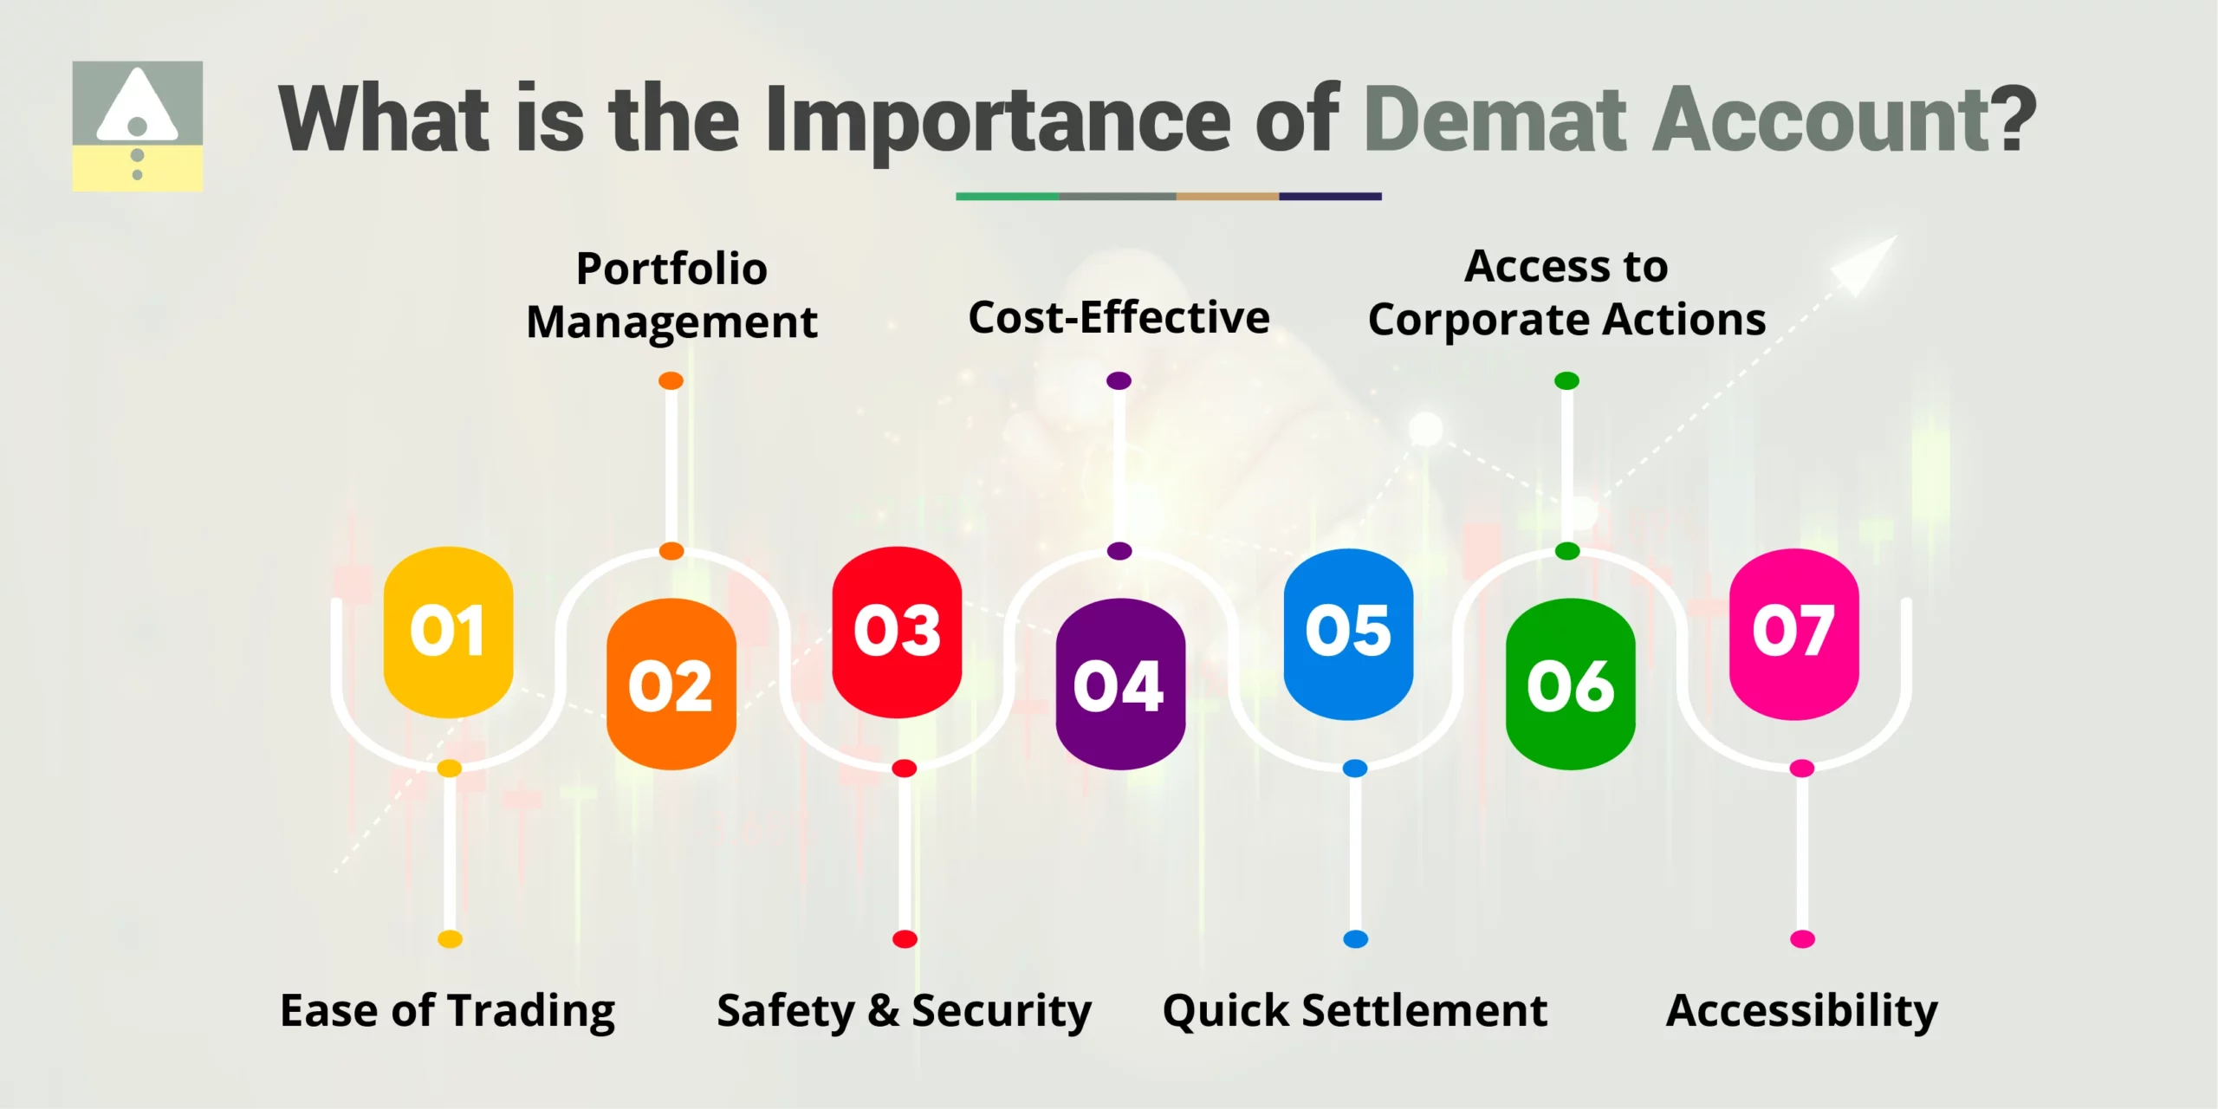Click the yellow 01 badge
pyautogui.click(x=448, y=632)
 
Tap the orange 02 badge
pyautogui.click(x=671, y=684)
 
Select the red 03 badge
pyautogui.click(x=897, y=632)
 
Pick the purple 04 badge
pyautogui.click(x=1120, y=684)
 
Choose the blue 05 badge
pyautogui.click(x=1348, y=633)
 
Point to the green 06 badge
pyautogui.click(x=1571, y=684)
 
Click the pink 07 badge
pyautogui.click(x=1793, y=633)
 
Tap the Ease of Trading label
pyautogui.click(x=447, y=1011)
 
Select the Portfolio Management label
pyautogui.click(x=671, y=295)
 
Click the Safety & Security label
pyautogui.click(x=904, y=1011)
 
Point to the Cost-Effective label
pyautogui.click(x=1119, y=317)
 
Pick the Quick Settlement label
pyautogui.click(x=1355, y=1011)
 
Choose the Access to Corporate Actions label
pyautogui.click(x=1566, y=293)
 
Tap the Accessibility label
pyautogui.click(x=1802, y=1011)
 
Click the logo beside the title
pyautogui.click(x=138, y=126)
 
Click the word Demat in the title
pyautogui.click(x=1495, y=120)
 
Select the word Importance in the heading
pyautogui.click(x=997, y=121)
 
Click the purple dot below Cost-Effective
pyautogui.click(x=1119, y=380)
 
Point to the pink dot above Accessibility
pyautogui.click(x=1802, y=938)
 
